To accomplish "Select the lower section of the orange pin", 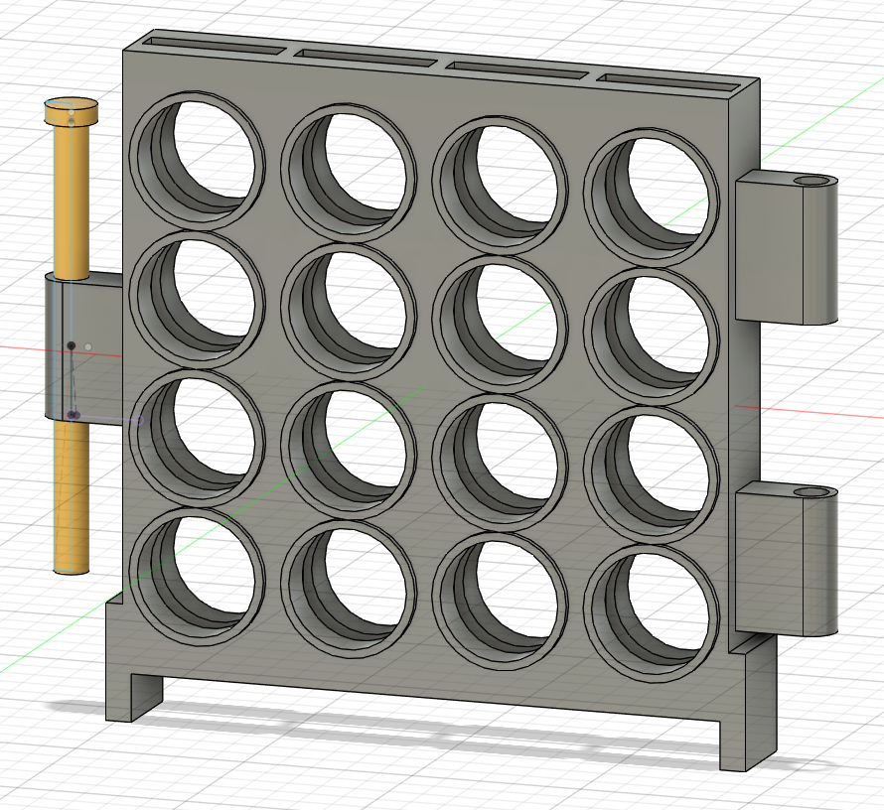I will [71, 496].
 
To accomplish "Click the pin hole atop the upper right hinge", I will [813, 182].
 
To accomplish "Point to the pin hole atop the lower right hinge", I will [813, 492].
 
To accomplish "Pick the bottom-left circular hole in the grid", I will [199, 577].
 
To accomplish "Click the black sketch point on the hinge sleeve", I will [72, 345].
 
